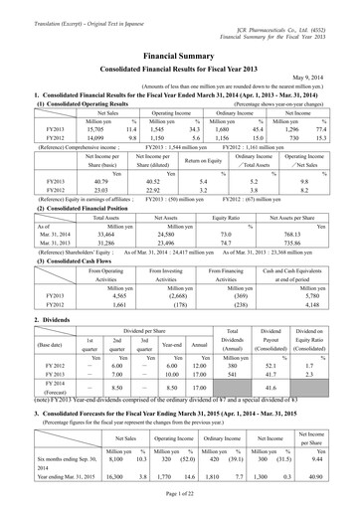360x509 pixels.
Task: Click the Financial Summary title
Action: (180, 32)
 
